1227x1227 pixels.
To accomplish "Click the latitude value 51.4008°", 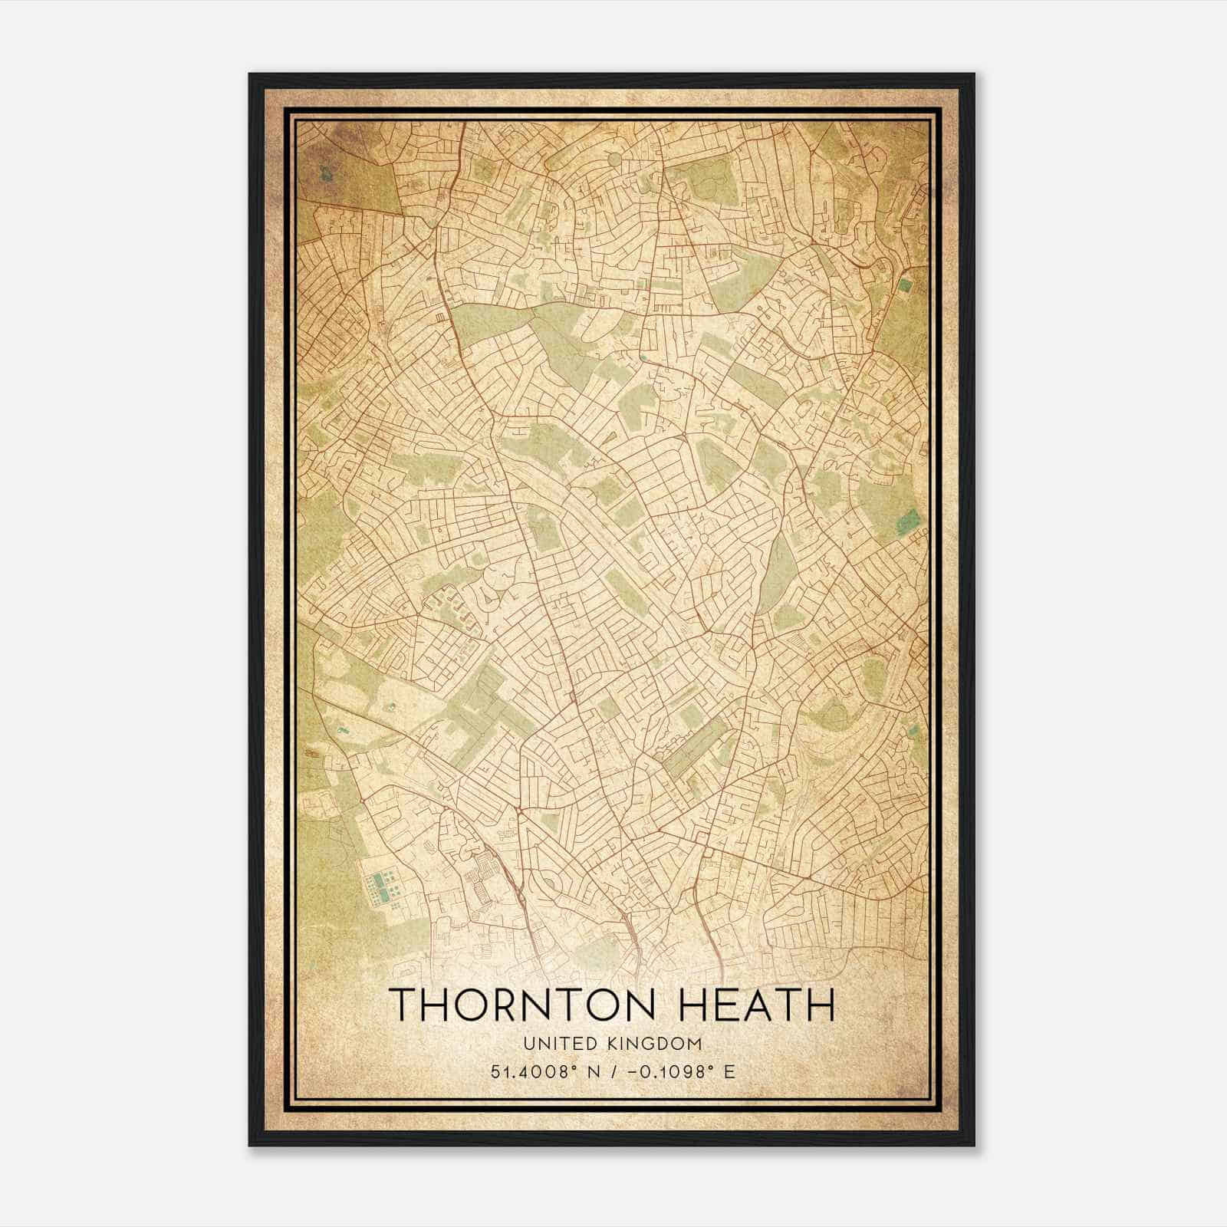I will click(534, 1071).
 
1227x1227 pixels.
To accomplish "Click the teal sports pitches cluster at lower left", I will click(383, 887).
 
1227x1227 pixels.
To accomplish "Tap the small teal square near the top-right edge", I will click(905, 285).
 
